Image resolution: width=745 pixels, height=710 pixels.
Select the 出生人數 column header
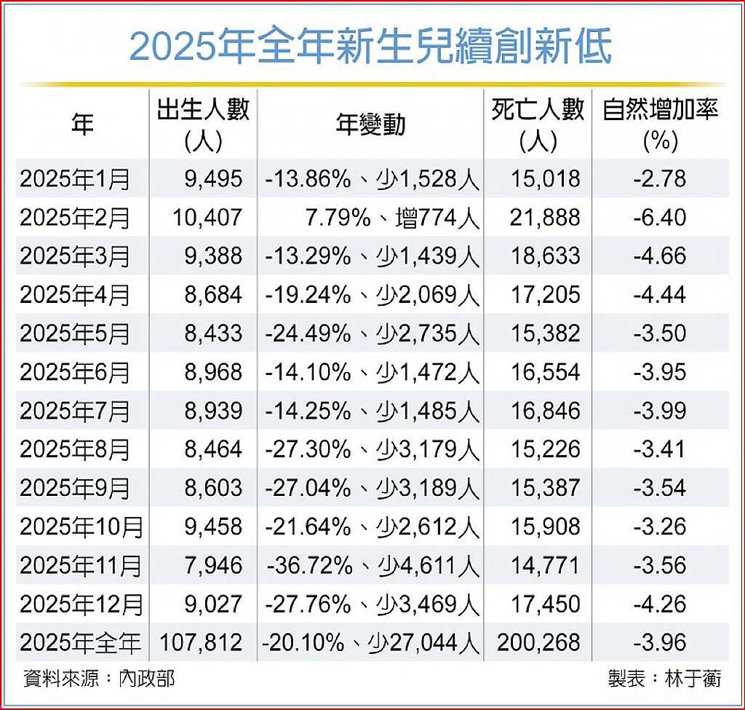tap(203, 123)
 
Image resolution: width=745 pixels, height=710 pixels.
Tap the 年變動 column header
tap(370, 125)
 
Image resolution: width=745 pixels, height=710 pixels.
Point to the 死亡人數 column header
tap(538, 123)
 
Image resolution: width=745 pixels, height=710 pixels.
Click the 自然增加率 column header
tap(660, 123)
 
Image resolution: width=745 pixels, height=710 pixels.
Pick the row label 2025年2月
tap(75, 218)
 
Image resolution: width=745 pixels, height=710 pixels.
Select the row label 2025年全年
tap(80, 642)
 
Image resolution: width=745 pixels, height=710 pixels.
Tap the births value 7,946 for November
tap(212, 565)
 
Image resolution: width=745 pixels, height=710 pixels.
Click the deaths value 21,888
tap(546, 218)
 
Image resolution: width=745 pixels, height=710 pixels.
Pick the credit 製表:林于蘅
tap(664, 679)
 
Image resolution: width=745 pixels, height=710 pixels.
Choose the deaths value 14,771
tap(546, 565)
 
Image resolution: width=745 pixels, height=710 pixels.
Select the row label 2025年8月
tap(75, 449)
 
